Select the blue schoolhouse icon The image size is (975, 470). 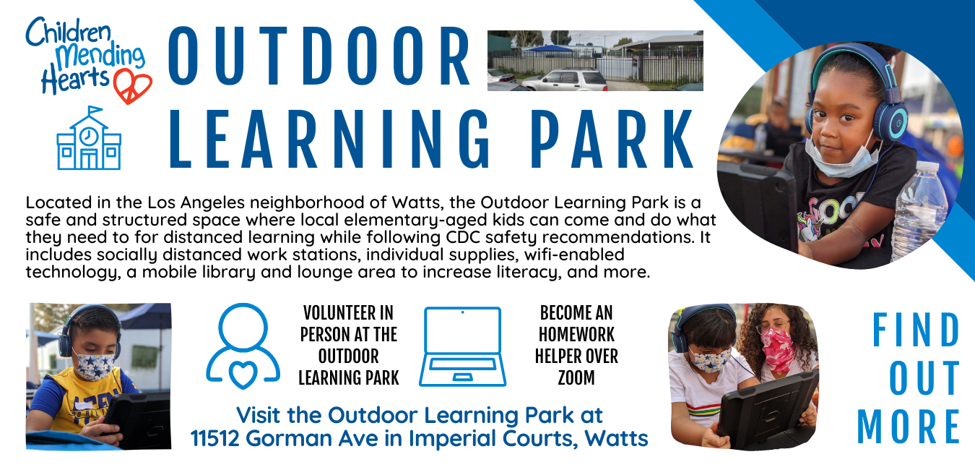[89, 139]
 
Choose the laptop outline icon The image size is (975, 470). [463, 346]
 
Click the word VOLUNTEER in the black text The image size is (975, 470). [348, 313]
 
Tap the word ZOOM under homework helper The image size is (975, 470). [576, 377]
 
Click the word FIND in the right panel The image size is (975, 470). [916, 330]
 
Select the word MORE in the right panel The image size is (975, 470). [909, 427]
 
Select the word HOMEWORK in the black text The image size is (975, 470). [576, 335]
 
